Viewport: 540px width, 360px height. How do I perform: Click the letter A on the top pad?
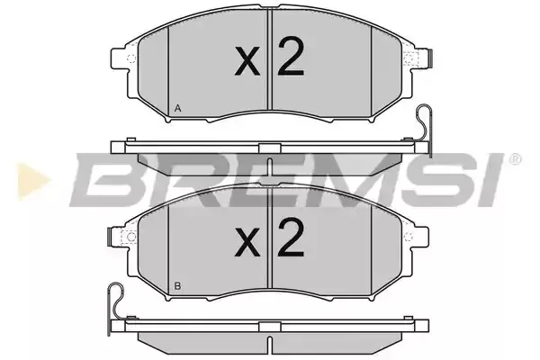177,109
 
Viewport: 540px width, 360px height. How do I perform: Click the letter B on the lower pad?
177,286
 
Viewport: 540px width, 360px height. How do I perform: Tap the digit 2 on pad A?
291,57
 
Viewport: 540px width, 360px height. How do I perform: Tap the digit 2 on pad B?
291,238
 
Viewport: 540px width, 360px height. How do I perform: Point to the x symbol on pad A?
247,62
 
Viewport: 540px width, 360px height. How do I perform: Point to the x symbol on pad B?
247,243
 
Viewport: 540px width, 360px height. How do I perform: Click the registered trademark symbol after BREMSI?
515,159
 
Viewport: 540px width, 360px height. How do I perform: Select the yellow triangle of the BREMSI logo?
31,181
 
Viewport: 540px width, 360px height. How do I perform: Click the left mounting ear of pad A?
121,58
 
